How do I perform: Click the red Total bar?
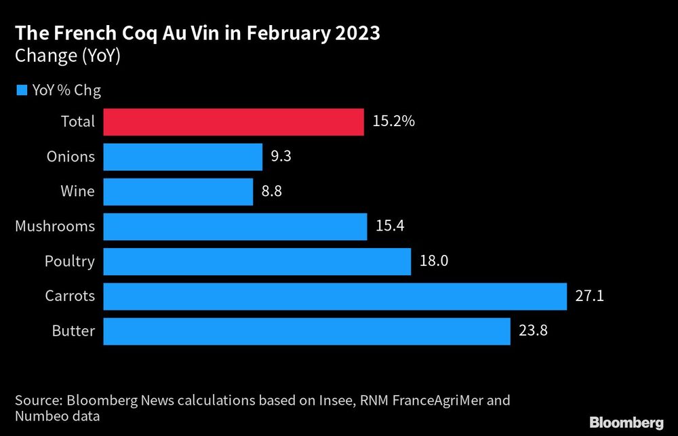click(234, 122)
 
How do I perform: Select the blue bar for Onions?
click(183, 157)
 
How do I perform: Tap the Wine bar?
click(178, 192)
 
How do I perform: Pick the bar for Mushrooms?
click(235, 226)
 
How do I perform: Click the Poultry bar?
click(257, 261)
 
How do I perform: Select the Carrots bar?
click(335, 296)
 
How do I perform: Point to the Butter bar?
click(306, 332)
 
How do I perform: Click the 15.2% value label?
click(393, 122)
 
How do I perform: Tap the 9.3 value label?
click(281, 157)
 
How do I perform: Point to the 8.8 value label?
click(271, 192)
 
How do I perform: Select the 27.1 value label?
click(589, 296)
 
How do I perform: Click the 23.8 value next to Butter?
click(533, 332)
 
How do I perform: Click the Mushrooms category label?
click(55, 226)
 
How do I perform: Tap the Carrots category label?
click(70, 296)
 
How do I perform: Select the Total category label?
click(77, 122)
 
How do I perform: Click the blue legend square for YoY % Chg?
click(21, 90)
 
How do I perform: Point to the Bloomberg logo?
click(626, 422)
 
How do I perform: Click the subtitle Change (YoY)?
click(67, 56)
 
